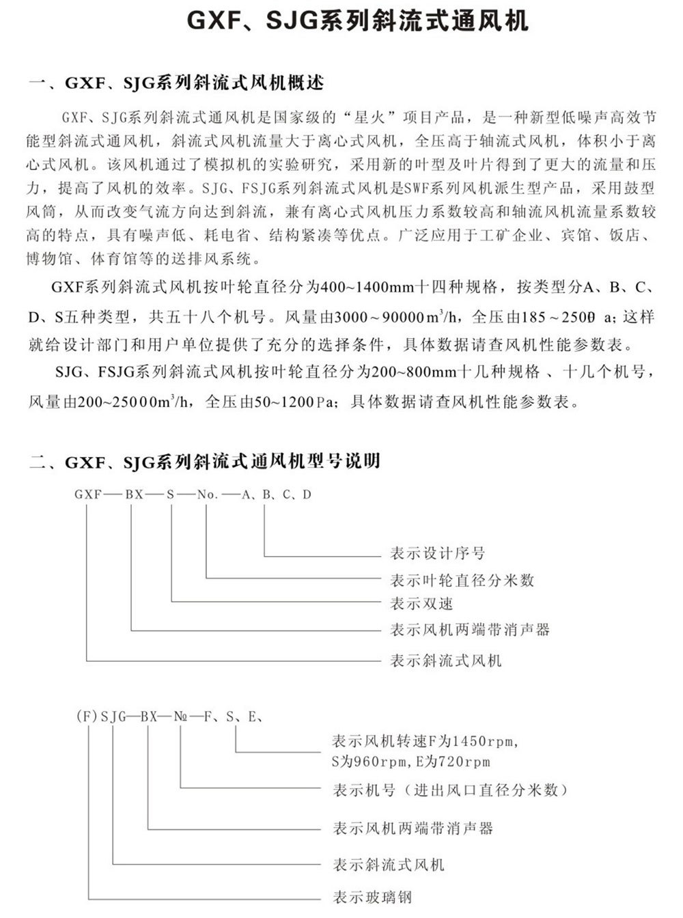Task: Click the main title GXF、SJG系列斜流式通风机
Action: pyautogui.click(x=358, y=22)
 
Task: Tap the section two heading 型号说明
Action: pyautogui.click(x=204, y=462)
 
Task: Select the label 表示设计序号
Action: pyautogui.click(x=437, y=553)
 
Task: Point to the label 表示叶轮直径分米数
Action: pyautogui.click(x=462, y=581)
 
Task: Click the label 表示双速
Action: pyautogui.click(x=421, y=604)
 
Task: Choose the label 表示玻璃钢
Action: pyautogui.click(x=372, y=896)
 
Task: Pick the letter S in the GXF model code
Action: pyautogui.click(x=170, y=495)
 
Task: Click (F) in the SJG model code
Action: pyautogui.click(x=84, y=717)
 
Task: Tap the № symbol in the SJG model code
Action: pyautogui.click(x=181, y=717)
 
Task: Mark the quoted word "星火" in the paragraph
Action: pyautogui.click(x=370, y=116)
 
